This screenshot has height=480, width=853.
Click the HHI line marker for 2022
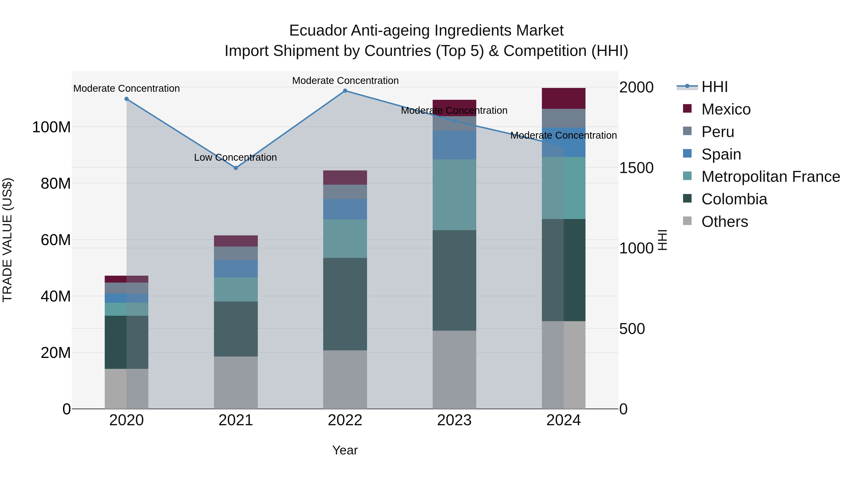(345, 91)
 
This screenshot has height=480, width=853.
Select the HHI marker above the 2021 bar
(236, 168)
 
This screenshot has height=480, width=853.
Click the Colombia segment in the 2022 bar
(345, 304)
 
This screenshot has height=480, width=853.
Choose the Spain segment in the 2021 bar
(236, 269)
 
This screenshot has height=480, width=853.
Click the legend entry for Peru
(717, 132)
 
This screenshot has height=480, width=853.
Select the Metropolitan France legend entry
(770, 177)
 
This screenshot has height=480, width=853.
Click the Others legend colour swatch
(687, 221)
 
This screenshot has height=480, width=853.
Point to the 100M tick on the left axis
(51, 127)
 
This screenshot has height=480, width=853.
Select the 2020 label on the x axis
(127, 420)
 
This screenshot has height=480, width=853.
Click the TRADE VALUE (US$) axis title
(7, 240)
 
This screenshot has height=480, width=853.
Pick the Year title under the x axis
(345, 450)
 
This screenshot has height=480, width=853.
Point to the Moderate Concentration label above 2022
(345, 81)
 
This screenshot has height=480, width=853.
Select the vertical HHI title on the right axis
(662, 240)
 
